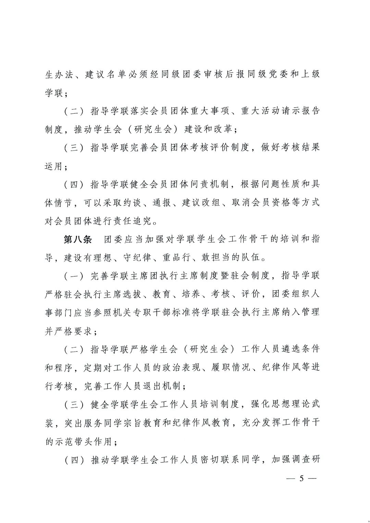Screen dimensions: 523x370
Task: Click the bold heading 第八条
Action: (78, 239)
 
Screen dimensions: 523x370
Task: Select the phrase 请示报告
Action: (300, 111)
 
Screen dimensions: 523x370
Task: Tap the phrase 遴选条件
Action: (300, 349)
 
